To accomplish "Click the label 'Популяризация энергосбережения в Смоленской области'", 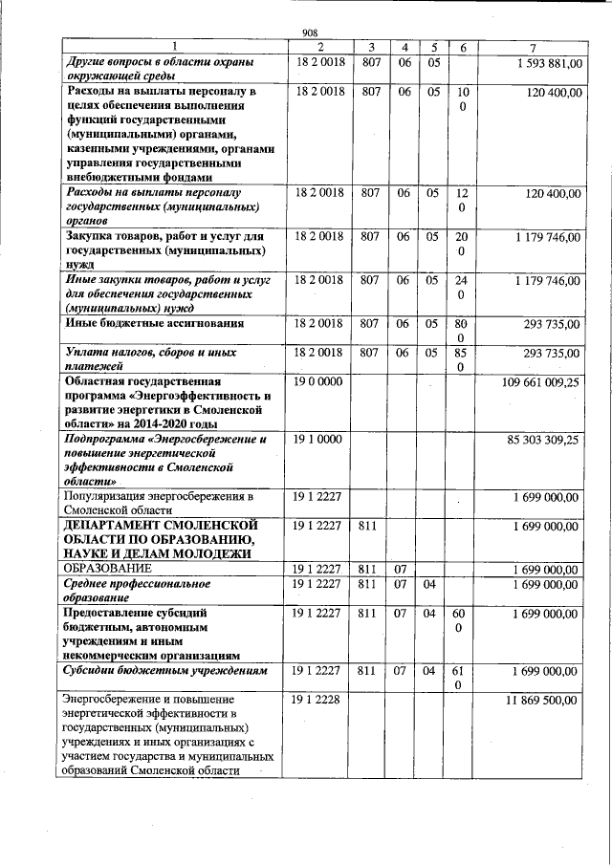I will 158,504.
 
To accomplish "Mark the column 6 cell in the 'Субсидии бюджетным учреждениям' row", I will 462,679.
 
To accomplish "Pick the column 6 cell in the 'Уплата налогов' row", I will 462,359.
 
